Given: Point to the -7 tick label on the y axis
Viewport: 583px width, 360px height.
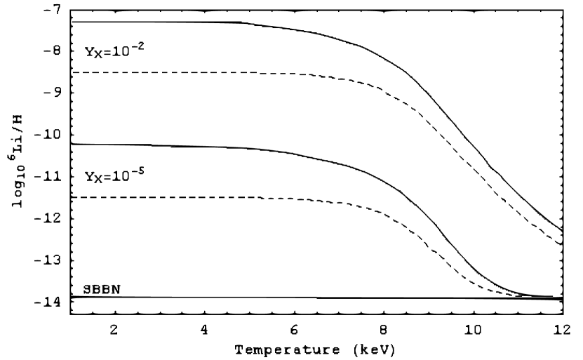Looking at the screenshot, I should click(53, 10).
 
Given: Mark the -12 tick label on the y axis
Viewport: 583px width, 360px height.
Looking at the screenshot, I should click(50, 219).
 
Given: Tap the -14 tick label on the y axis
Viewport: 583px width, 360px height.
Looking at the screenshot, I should click(50, 302).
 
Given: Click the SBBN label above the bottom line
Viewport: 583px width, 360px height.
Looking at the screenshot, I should click(93, 288).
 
